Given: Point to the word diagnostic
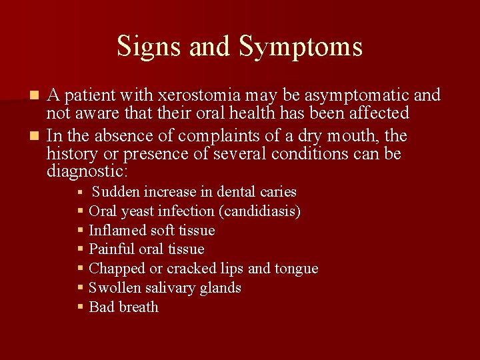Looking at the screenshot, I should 87,171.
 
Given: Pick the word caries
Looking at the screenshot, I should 278,192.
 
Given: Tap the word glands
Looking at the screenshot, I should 219,288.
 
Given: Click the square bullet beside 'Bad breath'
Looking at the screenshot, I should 80,307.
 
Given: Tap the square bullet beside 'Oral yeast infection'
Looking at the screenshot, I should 80,211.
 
